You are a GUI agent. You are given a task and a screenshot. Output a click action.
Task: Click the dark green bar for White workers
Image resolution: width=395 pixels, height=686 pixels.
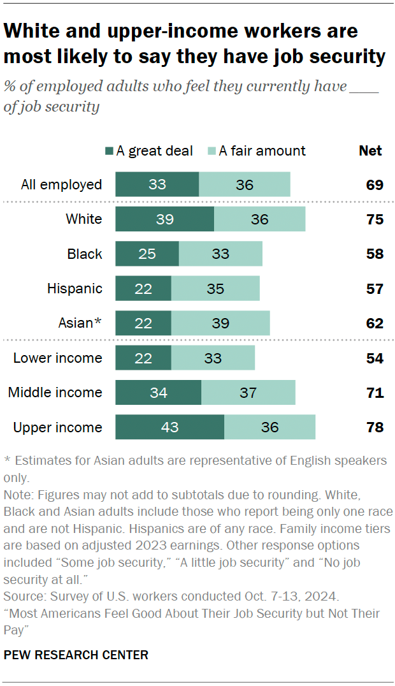click(x=164, y=219)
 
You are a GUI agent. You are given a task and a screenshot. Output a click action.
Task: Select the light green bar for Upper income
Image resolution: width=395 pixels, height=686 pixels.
click(x=269, y=427)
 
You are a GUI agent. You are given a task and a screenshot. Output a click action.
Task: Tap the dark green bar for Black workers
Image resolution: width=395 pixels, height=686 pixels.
click(x=147, y=254)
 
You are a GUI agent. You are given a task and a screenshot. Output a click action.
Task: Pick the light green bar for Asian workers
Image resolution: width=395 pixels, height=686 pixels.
click(x=220, y=323)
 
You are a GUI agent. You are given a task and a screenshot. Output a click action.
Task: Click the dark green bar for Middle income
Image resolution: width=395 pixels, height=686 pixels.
click(x=158, y=393)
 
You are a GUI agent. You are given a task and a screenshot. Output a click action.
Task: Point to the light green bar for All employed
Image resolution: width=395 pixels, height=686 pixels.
click(x=245, y=185)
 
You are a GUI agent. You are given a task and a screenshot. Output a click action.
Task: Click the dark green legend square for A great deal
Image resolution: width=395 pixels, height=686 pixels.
click(x=110, y=152)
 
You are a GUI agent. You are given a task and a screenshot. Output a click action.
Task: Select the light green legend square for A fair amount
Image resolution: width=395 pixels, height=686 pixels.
click(x=212, y=152)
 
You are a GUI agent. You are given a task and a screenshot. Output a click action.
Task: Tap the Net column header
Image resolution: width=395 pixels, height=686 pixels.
click(x=370, y=151)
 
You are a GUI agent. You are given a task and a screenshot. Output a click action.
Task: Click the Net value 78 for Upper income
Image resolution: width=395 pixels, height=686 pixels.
click(x=375, y=427)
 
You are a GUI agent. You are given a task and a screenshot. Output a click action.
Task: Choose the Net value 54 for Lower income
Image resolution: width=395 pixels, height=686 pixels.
click(x=375, y=358)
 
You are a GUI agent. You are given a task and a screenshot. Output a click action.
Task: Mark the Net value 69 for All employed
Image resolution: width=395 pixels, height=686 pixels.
click(x=375, y=185)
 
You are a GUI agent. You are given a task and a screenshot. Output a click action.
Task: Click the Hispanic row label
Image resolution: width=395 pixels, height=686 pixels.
click(x=75, y=289)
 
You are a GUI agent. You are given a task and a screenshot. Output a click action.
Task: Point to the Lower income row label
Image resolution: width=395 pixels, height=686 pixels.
click(x=57, y=358)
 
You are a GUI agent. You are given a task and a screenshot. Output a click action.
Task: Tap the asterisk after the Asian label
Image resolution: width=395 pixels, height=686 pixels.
click(x=97, y=322)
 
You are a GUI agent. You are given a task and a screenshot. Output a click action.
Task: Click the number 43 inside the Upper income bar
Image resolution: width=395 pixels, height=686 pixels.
click(x=169, y=427)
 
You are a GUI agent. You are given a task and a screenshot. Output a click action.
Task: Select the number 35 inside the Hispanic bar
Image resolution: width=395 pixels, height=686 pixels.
click(x=215, y=289)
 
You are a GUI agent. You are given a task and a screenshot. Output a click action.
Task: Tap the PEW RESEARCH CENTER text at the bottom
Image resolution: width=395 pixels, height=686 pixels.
click(x=76, y=655)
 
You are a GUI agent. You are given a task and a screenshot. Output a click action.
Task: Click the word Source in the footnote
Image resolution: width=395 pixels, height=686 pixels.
click(x=21, y=597)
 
